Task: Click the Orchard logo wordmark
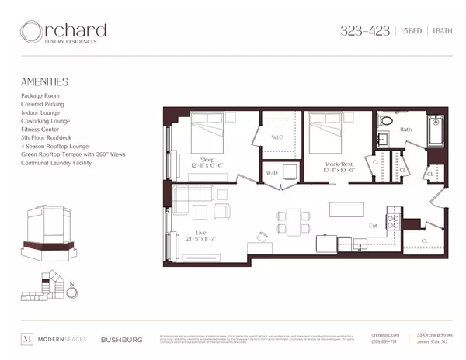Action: [64, 33]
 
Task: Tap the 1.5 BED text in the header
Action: [405, 32]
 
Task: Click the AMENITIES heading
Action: [45, 81]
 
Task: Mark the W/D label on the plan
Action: [272, 172]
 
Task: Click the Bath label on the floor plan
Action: [405, 130]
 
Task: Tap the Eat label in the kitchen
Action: [374, 226]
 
